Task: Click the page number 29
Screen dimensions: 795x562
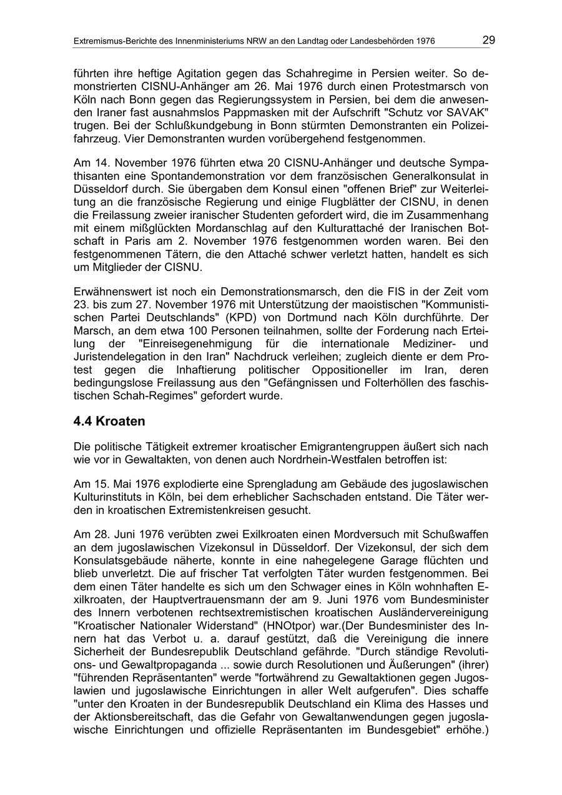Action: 488,41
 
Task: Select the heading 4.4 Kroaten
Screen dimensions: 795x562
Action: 109,421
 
